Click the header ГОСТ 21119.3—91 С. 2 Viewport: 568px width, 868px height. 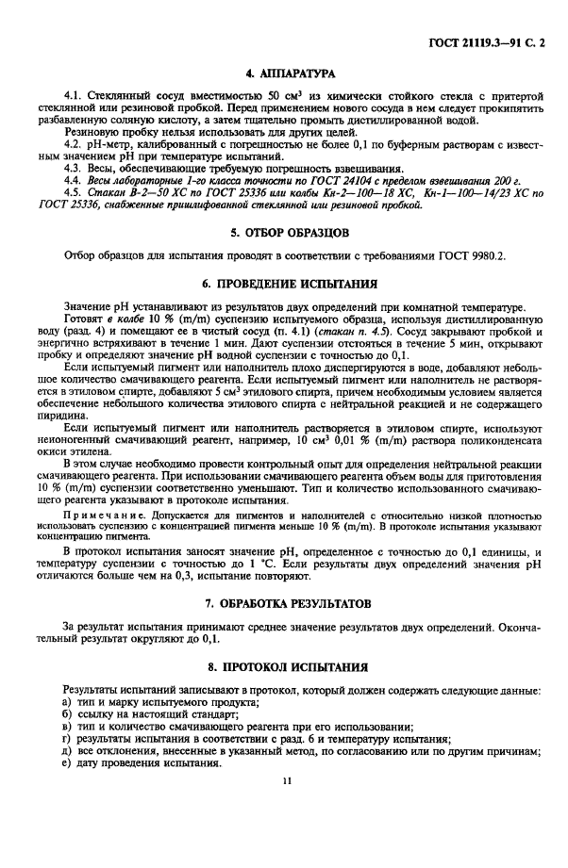(491, 41)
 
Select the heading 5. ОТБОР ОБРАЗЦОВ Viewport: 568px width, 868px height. (284, 231)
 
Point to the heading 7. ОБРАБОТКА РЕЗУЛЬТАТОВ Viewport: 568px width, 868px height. (284, 601)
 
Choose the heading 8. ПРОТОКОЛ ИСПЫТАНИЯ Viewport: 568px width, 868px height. (284, 666)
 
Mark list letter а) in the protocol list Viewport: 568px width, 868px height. (67, 703)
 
